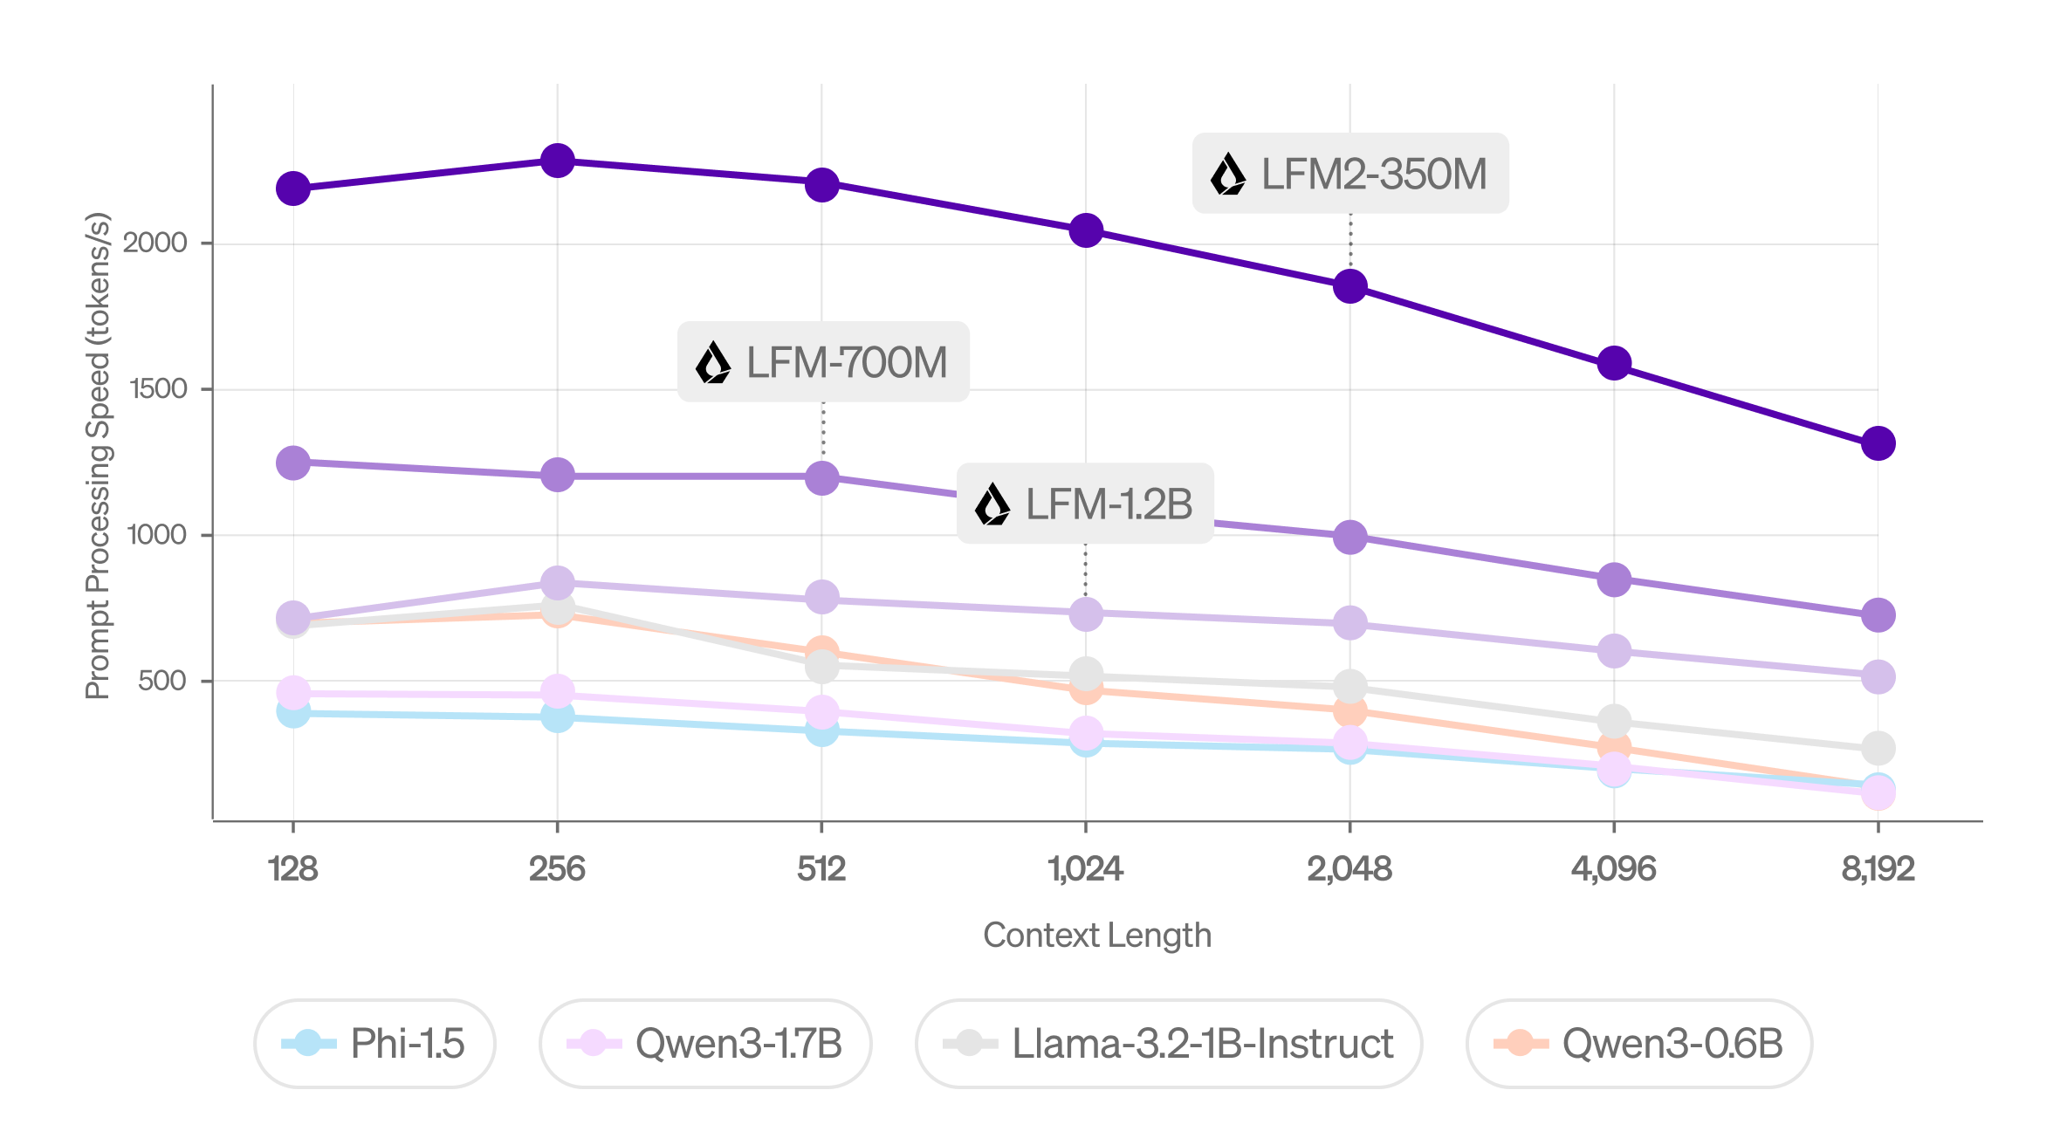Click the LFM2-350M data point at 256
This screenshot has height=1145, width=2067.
557,161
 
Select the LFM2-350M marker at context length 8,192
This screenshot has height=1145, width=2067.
1878,443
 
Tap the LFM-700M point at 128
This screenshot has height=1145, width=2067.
293,463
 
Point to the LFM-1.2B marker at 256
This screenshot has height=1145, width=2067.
557,582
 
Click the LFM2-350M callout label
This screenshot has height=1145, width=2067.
1350,174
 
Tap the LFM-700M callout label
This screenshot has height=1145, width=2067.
823,362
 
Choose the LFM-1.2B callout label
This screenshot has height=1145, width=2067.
1085,504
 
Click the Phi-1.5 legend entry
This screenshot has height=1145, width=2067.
375,1044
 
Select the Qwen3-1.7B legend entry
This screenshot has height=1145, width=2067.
705,1044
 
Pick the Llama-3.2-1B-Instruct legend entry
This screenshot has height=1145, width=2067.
1169,1044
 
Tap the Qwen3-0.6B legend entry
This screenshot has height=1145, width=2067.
1639,1044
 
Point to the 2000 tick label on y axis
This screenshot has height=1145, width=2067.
155,243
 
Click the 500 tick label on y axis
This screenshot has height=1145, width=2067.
162,681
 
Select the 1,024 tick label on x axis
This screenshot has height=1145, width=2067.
1085,869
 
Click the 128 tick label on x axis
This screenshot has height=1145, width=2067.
293,869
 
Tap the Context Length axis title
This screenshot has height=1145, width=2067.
1097,936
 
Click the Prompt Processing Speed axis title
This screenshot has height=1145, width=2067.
98,456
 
